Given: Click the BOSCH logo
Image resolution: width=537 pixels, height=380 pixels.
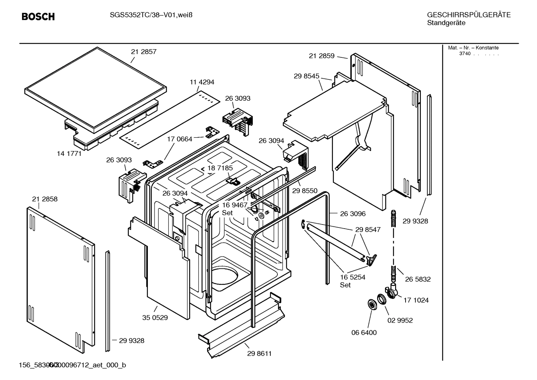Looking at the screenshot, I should click(x=38, y=16).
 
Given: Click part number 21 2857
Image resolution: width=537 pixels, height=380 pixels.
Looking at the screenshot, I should click(x=144, y=52).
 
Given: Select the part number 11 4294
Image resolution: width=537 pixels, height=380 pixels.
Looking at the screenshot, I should click(x=202, y=82).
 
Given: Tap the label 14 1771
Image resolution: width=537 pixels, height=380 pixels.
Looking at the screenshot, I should click(x=69, y=153).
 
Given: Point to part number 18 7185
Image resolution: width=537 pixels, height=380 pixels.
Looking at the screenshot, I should click(x=220, y=168).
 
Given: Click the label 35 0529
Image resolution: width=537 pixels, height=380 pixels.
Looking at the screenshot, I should click(x=155, y=318).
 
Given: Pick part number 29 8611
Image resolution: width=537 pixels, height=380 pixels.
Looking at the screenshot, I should click(x=259, y=354).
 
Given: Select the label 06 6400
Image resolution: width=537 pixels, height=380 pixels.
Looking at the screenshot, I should click(x=364, y=332).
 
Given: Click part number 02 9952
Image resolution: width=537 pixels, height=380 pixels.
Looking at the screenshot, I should click(x=400, y=320).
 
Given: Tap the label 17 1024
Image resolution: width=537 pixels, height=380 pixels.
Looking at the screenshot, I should click(x=416, y=300).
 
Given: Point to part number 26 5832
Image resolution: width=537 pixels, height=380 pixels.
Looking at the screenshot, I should click(x=418, y=279).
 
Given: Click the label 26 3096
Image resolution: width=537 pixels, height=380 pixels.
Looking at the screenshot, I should click(x=353, y=214).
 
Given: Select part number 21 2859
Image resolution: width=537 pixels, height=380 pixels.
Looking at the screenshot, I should click(x=322, y=56).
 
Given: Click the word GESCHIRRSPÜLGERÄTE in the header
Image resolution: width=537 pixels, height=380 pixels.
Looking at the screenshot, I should click(x=469, y=15).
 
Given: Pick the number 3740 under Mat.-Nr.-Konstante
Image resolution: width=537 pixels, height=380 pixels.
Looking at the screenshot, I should click(x=464, y=54).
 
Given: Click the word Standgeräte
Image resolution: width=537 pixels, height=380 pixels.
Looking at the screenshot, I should click(x=446, y=23).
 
